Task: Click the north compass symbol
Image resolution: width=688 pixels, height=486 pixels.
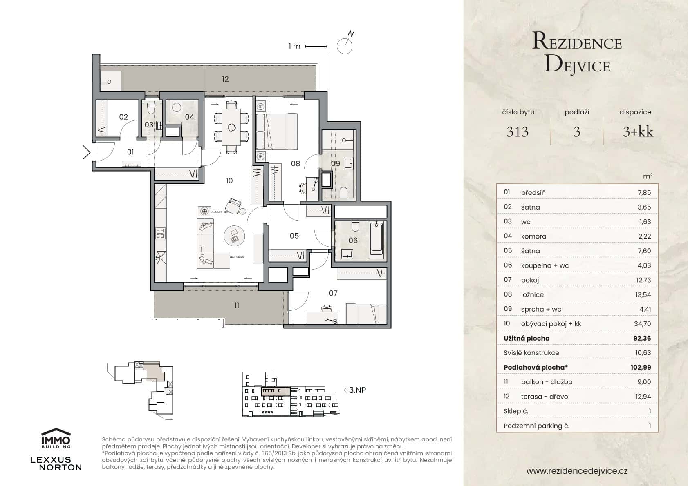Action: click(344, 46)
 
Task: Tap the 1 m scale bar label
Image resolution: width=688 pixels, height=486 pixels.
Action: click(294, 46)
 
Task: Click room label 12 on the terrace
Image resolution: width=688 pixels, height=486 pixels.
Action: click(225, 79)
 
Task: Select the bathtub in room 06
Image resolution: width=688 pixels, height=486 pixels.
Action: click(376, 239)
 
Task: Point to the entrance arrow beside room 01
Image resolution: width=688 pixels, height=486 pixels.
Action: click(87, 152)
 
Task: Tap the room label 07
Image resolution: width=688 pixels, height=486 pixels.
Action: click(333, 293)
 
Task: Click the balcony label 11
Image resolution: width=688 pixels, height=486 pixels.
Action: click(237, 305)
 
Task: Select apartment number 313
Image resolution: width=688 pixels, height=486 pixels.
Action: click(518, 132)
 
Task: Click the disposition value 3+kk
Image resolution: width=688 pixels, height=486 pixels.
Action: click(638, 132)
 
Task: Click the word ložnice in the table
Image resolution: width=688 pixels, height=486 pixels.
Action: click(532, 294)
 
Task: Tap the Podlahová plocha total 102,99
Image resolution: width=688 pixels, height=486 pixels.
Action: click(640, 368)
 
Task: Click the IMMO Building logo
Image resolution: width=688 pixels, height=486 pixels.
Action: click(56, 438)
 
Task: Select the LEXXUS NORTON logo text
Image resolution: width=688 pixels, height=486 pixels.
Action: click(56, 464)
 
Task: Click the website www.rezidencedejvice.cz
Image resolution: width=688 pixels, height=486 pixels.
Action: click(576, 471)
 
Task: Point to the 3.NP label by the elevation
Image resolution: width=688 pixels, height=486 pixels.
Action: click(357, 390)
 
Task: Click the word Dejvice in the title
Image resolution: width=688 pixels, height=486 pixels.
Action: click(577, 65)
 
